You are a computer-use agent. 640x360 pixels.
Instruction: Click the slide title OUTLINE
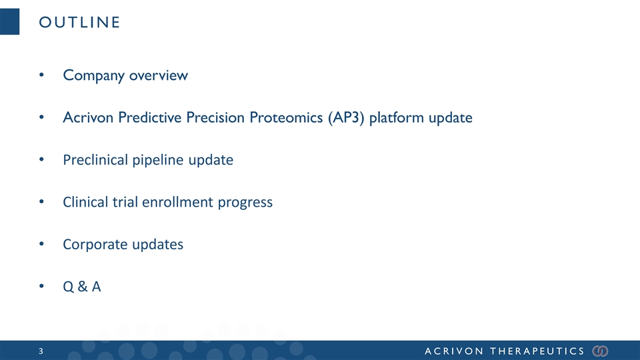pos(79,22)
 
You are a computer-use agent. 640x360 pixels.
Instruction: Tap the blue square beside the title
pos(9,21)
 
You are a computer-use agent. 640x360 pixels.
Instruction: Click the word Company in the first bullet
pos(93,75)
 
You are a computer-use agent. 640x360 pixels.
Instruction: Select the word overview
pos(159,75)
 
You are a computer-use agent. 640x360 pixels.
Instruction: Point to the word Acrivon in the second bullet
pos(88,117)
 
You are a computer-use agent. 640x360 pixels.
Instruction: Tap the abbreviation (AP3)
pos(346,117)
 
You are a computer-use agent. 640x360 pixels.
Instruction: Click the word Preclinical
pos(95,159)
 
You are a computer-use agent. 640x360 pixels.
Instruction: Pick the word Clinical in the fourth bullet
pos(85,202)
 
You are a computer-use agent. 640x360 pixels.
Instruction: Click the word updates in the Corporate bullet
pos(157,245)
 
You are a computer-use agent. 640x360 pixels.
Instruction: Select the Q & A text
pos(81,287)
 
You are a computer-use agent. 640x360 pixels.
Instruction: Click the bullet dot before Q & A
pos(41,286)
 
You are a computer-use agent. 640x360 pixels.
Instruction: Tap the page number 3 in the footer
pos(41,351)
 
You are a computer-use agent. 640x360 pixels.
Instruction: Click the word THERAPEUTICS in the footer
pos(537,351)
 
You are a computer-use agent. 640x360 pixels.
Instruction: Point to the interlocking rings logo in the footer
pos(601,351)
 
